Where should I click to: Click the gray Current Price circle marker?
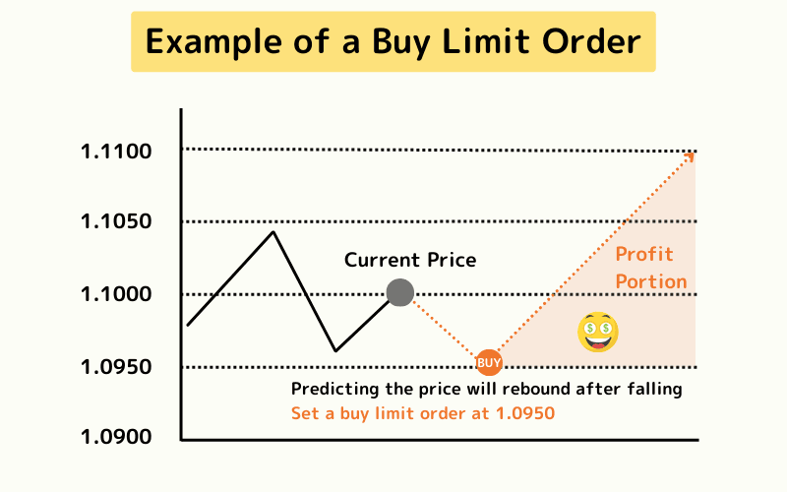coord(399,292)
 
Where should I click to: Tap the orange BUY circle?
coord(489,363)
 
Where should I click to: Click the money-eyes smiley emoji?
coord(598,331)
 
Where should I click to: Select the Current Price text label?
coord(410,261)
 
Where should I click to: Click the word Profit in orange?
coord(644,255)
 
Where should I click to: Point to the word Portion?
coord(651,282)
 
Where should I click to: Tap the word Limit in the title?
coord(516,42)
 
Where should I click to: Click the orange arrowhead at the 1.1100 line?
coord(693,154)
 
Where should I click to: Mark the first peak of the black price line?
coord(272,232)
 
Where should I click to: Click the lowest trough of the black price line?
coord(335,351)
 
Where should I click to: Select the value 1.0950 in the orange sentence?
coord(525,413)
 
